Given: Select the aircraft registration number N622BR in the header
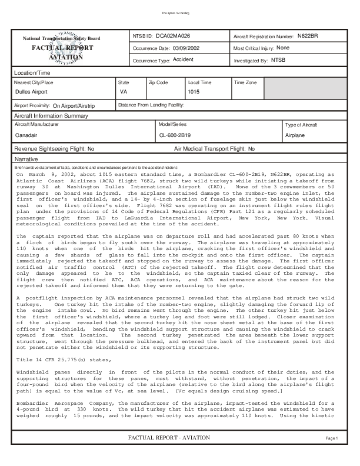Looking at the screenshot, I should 308,36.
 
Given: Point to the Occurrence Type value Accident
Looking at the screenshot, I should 183,60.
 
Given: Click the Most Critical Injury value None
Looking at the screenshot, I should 282,48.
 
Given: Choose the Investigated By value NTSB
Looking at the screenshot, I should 277,60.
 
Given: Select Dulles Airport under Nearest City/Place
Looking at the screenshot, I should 31,92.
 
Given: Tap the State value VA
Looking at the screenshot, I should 124,92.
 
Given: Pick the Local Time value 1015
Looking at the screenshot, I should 194,92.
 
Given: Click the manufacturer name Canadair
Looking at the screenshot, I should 25,135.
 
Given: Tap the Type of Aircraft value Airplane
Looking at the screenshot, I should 295,135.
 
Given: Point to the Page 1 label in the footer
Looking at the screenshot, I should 332,455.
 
